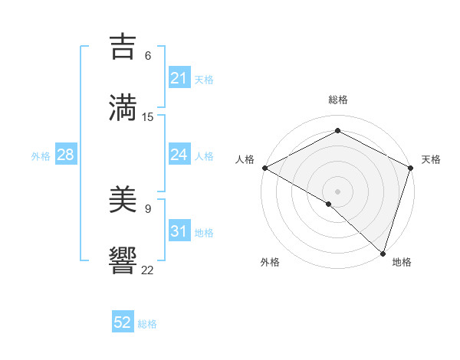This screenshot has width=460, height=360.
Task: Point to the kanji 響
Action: (123, 260)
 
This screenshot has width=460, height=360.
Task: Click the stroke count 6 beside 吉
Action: (148, 56)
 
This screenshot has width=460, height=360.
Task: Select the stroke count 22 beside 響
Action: (148, 269)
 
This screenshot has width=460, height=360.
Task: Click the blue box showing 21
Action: (179, 78)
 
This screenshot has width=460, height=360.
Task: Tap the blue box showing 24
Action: (179, 155)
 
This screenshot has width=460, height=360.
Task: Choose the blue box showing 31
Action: (179, 231)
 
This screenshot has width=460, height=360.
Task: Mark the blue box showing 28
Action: (66, 155)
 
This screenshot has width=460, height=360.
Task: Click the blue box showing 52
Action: (123, 322)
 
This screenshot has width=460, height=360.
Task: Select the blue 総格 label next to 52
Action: (147, 324)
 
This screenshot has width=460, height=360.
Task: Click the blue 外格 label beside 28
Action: (41, 155)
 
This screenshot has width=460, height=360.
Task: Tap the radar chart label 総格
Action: (337, 100)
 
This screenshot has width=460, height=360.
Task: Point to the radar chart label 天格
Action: (431, 159)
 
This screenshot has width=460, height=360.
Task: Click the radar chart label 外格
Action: (270, 262)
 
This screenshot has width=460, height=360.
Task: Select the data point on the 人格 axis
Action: (264, 168)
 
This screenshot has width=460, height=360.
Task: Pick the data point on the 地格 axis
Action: (383, 252)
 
